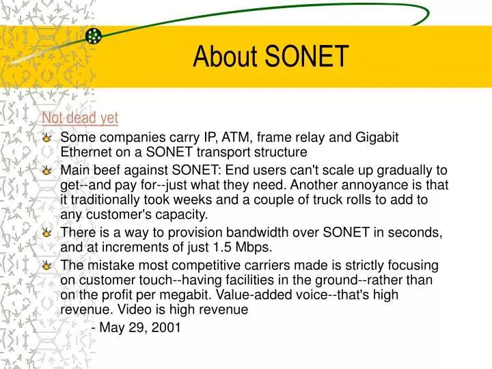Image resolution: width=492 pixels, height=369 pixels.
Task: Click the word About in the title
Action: pos(226,57)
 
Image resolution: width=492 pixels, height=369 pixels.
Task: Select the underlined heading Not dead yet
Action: pos(80,118)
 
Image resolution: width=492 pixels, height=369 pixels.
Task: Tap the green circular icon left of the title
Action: pos(94,36)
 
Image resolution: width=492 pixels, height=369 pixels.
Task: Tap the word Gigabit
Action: pos(384,137)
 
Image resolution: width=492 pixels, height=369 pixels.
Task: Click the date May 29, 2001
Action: pos(140,328)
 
